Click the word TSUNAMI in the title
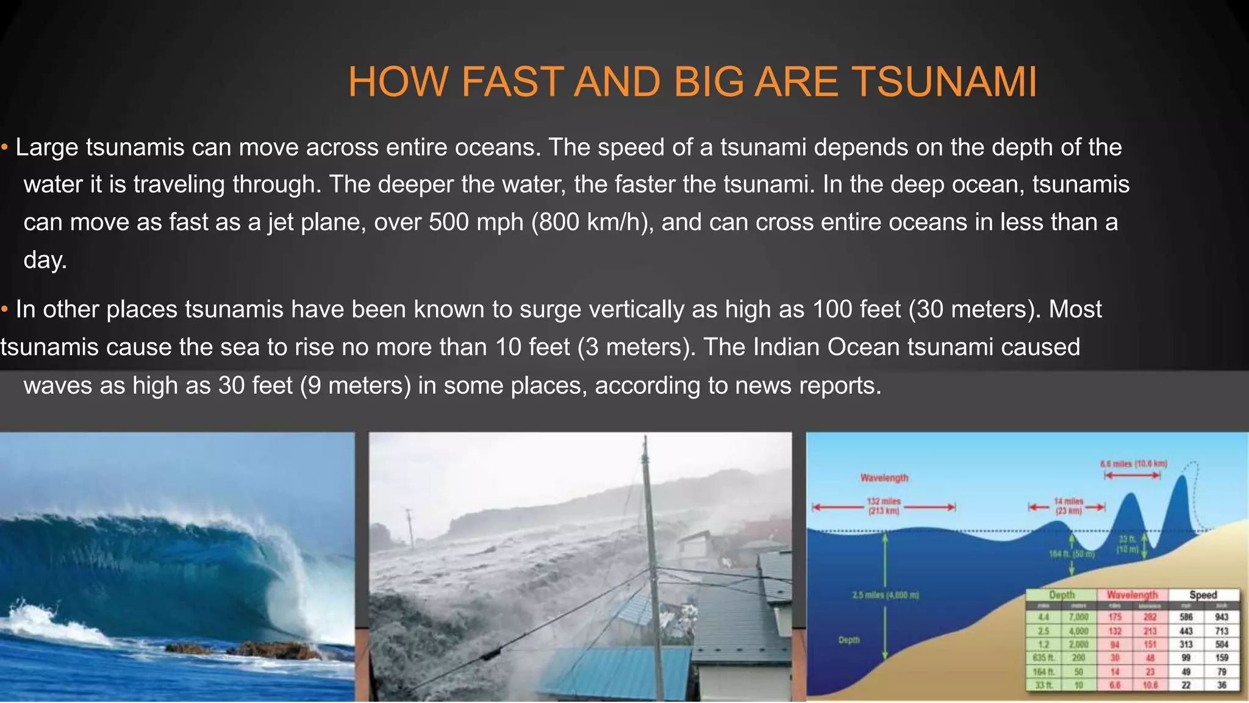pos(943,82)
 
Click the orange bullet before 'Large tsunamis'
pos(4,147)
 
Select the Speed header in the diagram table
pos(1203,594)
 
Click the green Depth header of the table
pos(1062,594)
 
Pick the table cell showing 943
pos(1222,617)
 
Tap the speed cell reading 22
pos(1186,685)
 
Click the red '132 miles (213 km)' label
pos(884,506)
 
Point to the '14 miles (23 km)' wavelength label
pos(1068,506)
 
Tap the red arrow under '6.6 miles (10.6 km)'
pos(1133,475)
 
